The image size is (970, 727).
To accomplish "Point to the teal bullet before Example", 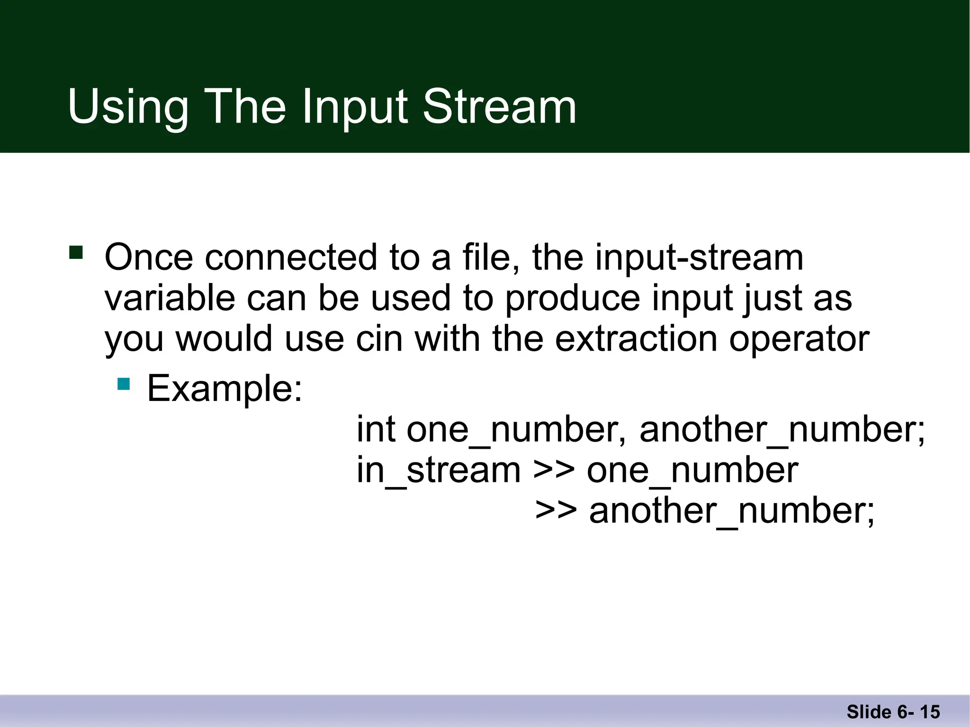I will (x=124, y=383).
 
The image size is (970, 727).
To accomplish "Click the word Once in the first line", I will (x=149, y=257).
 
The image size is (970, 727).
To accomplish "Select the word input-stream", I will (x=699, y=257).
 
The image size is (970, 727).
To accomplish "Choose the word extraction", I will (x=636, y=339).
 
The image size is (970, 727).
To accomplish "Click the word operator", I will (x=799, y=339).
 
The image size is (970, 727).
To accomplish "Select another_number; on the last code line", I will (x=732, y=511).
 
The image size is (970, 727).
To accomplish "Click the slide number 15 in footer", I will (x=930, y=712).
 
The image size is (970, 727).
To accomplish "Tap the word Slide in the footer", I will (x=869, y=712).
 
